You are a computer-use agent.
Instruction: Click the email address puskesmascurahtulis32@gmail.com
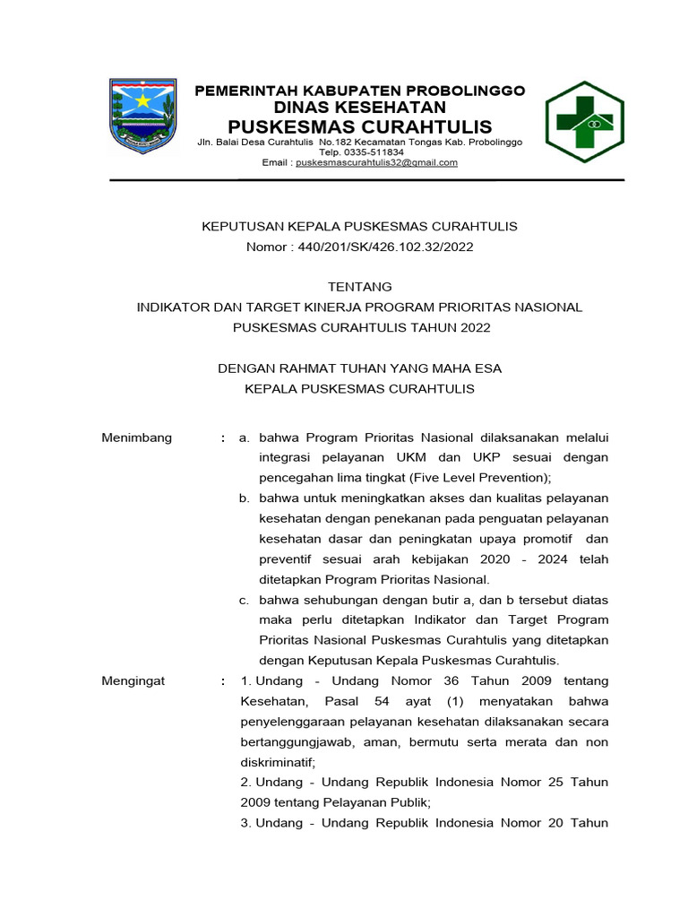point(376,163)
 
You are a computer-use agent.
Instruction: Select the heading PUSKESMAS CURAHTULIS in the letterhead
point(359,125)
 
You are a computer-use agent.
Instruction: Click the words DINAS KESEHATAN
point(359,107)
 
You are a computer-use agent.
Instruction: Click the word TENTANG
point(359,287)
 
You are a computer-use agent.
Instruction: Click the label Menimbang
point(136,437)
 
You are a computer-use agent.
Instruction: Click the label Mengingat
point(133,681)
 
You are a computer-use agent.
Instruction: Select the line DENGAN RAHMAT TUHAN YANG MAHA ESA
point(359,368)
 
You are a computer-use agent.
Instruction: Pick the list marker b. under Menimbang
point(244,498)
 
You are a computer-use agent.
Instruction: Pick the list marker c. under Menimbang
point(244,600)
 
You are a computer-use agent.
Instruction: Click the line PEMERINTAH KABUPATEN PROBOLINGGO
point(359,91)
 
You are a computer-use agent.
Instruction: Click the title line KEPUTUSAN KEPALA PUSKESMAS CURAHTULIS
point(359,226)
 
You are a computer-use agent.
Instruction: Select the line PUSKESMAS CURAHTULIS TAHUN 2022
point(361,327)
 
